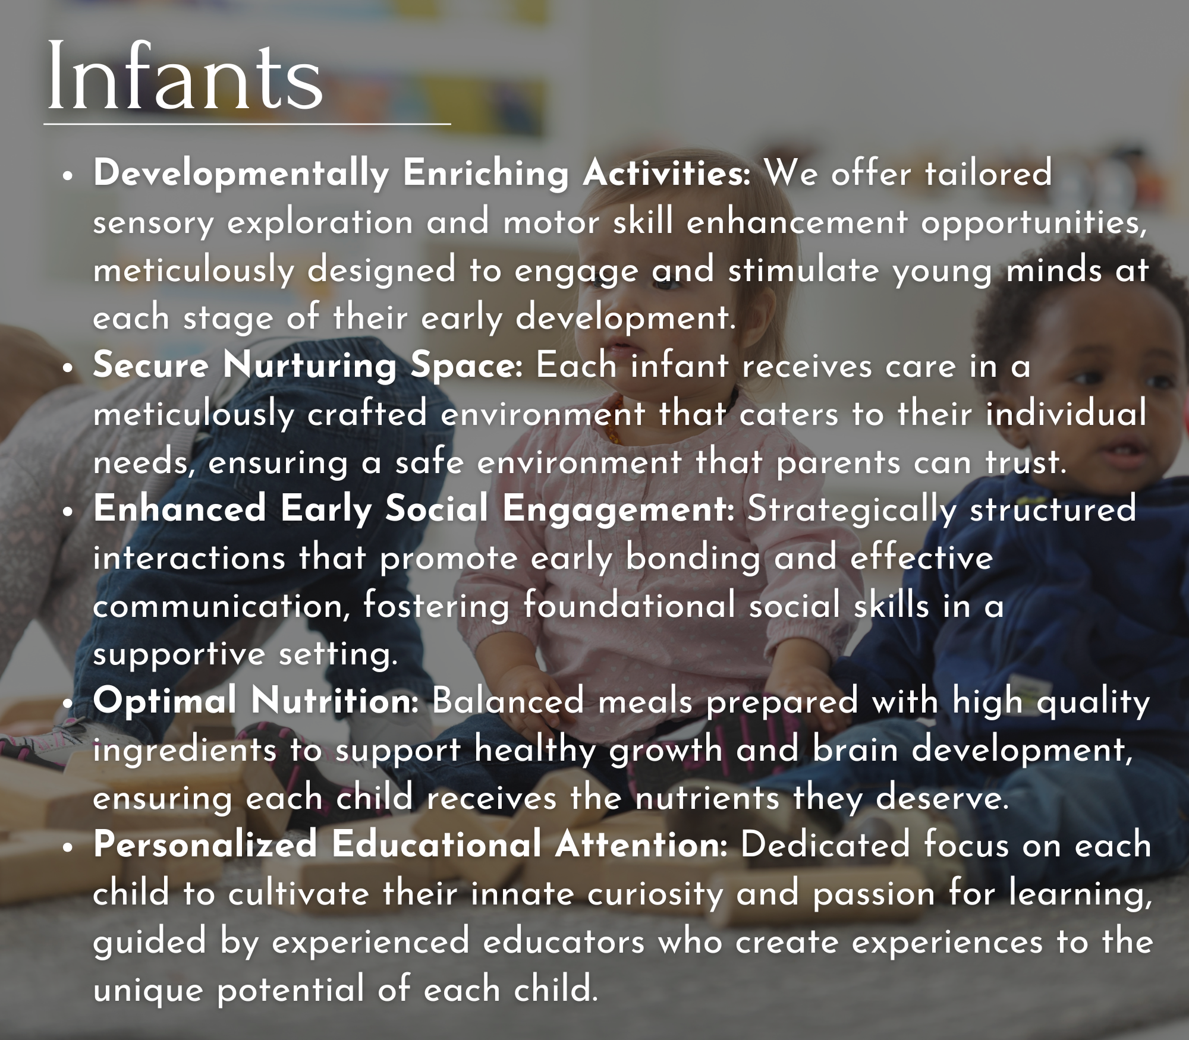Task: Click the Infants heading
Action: click(x=185, y=76)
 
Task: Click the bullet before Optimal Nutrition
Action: click(x=70, y=703)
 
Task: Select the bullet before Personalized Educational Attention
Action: click(x=70, y=847)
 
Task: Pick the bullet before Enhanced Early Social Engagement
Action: click(x=70, y=512)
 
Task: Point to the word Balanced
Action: click(x=508, y=701)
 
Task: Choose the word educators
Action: click(x=564, y=942)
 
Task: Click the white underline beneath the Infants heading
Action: click(x=247, y=124)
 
